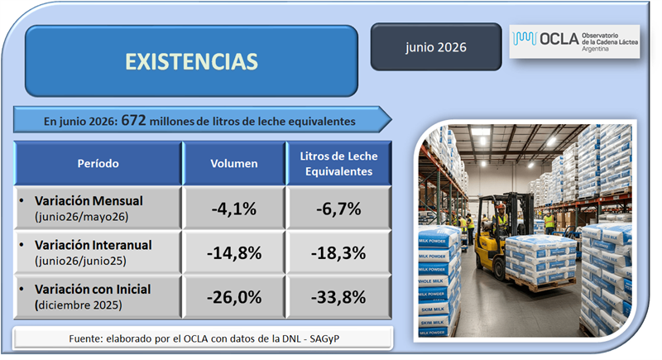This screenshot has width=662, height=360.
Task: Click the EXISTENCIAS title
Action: (x=191, y=61)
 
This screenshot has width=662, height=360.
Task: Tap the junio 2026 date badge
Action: (x=436, y=47)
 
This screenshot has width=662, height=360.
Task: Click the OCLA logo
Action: (x=574, y=41)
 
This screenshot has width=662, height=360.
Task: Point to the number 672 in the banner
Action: (x=133, y=121)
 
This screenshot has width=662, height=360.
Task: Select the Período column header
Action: (x=98, y=163)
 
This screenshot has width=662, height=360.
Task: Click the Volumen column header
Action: (x=234, y=163)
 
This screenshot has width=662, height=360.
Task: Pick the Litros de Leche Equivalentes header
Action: (x=339, y=163)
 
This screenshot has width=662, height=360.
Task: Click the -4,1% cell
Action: (x=234, y=209)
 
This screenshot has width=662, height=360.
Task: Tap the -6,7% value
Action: (x=339, y=209)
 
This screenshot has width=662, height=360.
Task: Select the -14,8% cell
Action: (x=234, y=252)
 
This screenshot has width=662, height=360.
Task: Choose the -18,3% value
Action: (x=339, y=252)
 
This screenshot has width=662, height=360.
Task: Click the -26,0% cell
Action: (x=234, y=297)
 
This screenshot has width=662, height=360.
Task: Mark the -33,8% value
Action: (x=339, y=297)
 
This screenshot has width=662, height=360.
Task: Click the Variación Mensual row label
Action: (x=89, y=201)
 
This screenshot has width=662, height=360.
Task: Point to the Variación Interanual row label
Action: (x=93, y=245)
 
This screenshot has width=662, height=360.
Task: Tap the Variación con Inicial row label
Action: (x=93, y=290)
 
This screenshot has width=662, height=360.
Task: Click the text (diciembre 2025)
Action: (x=79, y=305)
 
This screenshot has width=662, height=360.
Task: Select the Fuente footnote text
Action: (x=204, y=338)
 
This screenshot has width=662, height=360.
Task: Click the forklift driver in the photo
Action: (x=501, y=220)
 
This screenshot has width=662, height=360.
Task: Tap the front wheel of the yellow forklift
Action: (x=500, y=269)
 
